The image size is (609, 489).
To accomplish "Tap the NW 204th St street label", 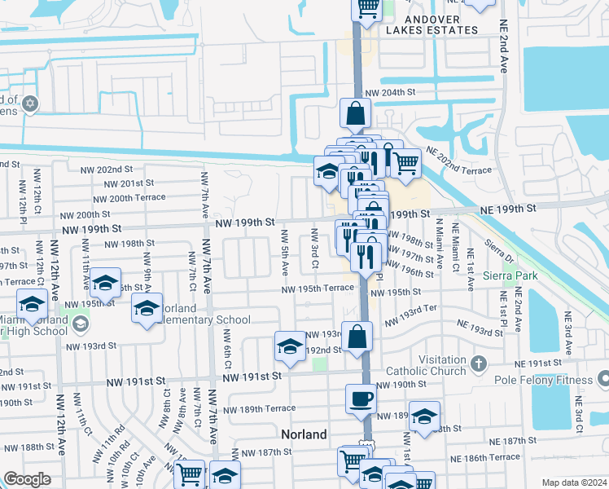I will (x=391, y=93).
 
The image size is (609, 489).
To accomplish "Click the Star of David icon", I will (x=31, y=104).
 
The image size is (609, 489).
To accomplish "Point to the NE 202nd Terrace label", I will (x=458, y=170).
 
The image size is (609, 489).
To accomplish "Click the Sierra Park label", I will (x=509, y=276).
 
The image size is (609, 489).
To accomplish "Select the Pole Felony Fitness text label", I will (x=547, y=379).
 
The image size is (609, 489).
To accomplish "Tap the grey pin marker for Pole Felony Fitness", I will (x=603, y=378).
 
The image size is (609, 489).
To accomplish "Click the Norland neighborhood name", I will (x=304, y=434).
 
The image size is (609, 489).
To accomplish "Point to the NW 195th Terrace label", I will (x=318, y=289).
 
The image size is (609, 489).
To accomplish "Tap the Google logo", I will (x=27, y=479).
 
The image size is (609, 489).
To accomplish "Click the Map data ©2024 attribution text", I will (x=573, y=482).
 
